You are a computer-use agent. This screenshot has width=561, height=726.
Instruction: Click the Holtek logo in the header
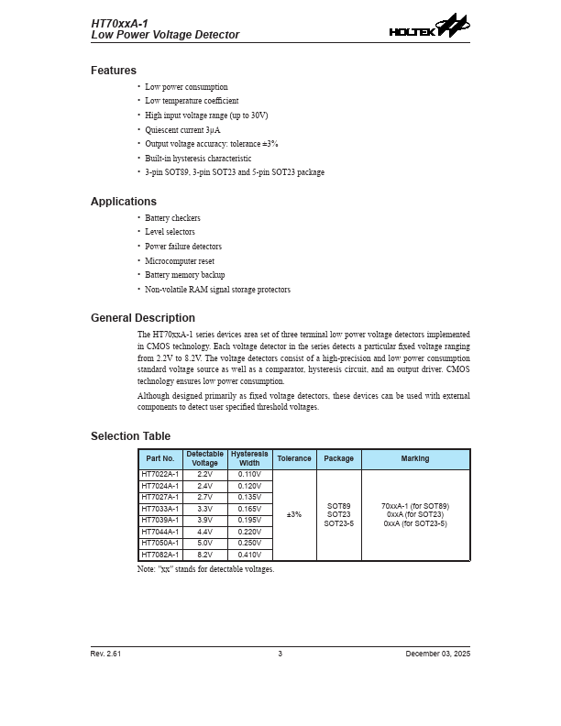tap(428, 27)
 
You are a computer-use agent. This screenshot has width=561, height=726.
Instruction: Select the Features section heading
tap(114, 71)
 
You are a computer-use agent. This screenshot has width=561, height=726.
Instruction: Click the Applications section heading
tap(124, 202)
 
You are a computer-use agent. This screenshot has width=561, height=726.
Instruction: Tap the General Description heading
tap(143, 318)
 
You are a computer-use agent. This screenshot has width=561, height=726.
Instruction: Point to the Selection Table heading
tap(130, 436)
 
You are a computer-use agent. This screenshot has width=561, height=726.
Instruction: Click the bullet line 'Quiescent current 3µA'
tap(182, 130)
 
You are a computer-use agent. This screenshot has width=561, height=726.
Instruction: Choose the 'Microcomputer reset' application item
tap(180, 261)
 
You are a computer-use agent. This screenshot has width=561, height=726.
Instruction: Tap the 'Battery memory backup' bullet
tap(184, 275)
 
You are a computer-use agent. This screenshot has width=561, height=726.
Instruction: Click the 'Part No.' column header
tap(160, 459)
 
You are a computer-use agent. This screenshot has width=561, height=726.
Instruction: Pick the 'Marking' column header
tap(415, 459)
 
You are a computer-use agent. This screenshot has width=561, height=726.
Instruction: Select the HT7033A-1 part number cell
tap(160, 509)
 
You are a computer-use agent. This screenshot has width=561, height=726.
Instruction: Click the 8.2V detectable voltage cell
tap(205, 555)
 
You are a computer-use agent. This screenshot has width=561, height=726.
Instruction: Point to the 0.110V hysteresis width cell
tap(250, 475)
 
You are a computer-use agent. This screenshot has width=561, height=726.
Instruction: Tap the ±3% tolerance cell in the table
tap(294, 515)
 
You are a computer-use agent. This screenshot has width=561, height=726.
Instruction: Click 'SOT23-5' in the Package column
tap(339, 523)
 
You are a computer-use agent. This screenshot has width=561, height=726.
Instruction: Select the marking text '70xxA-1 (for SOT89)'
tap(415, 506)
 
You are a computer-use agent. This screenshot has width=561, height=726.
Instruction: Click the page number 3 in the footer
tap(280, 654)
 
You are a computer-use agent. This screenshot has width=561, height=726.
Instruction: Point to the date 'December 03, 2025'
tap(438, 654)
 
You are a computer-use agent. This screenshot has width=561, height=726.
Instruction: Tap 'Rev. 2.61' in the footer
tap(105, 654)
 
